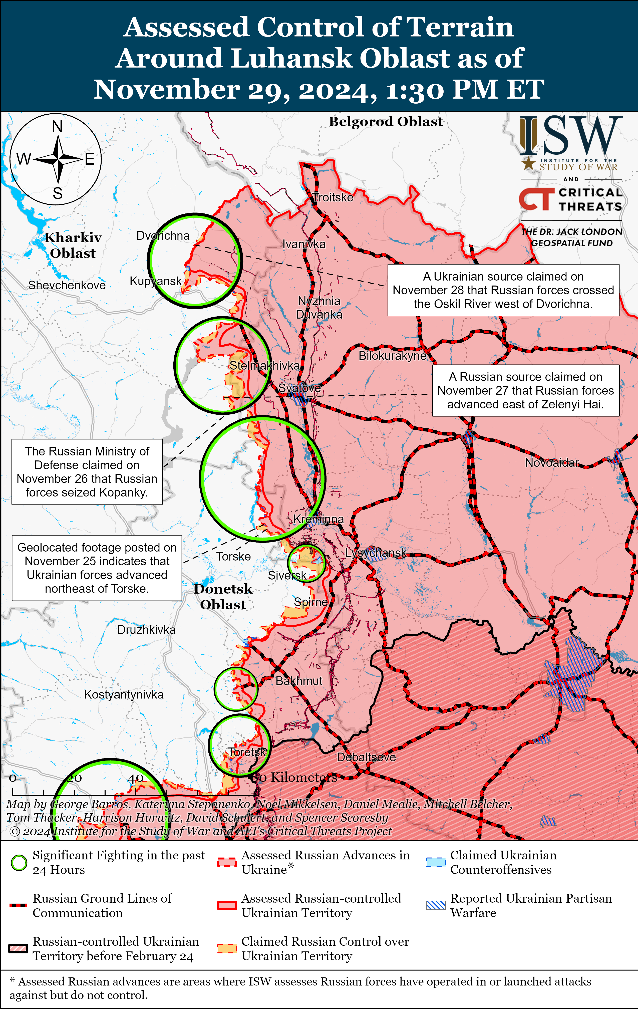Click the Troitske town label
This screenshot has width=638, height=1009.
[x=333, y=197]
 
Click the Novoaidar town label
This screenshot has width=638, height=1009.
[x=552, y=463]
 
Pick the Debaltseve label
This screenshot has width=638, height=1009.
[x=366, y=757]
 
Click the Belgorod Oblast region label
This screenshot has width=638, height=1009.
[x=385, y=122]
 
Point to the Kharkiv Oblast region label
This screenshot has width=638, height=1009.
[x=73, y=245]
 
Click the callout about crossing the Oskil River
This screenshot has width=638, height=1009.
[x=503, y=290]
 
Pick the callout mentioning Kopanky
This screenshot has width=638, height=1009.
[x=87, y=471]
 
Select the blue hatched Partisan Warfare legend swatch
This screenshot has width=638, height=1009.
[x=436, y=905]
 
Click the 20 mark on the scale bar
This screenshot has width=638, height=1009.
[x=74, y=778]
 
